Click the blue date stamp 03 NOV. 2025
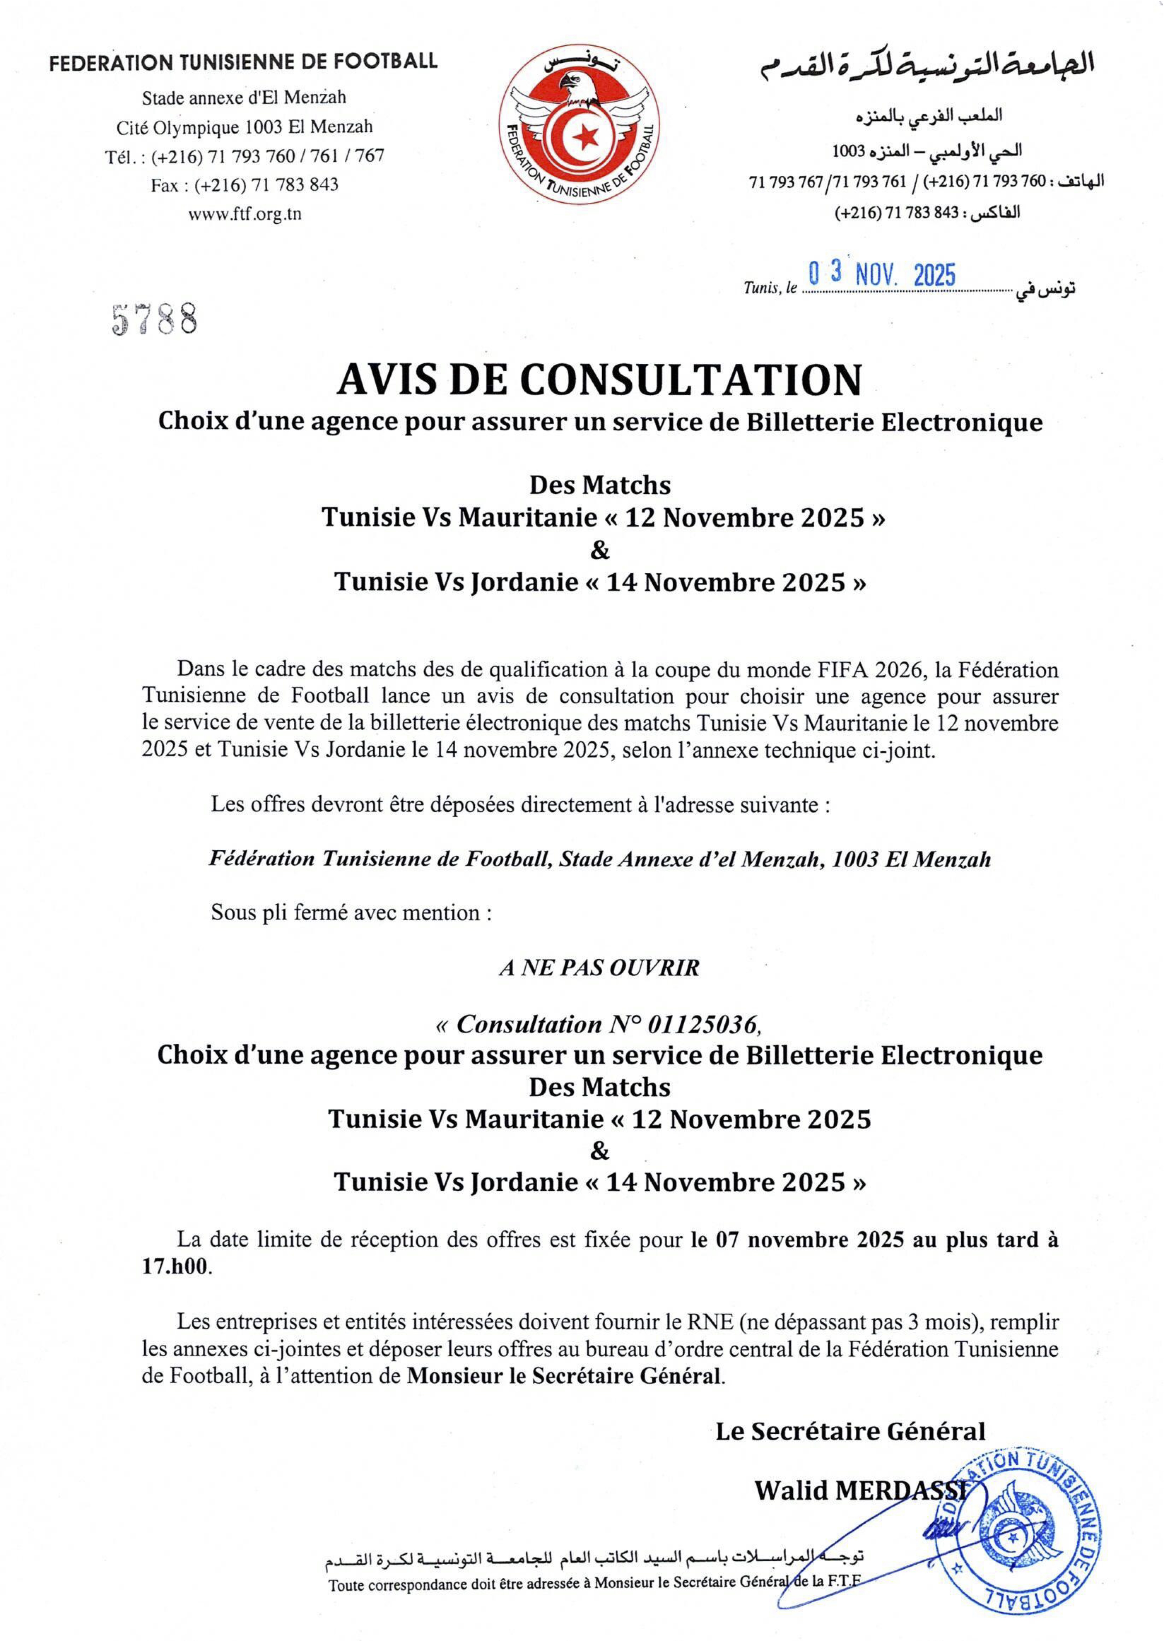[x=882, y=274]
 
